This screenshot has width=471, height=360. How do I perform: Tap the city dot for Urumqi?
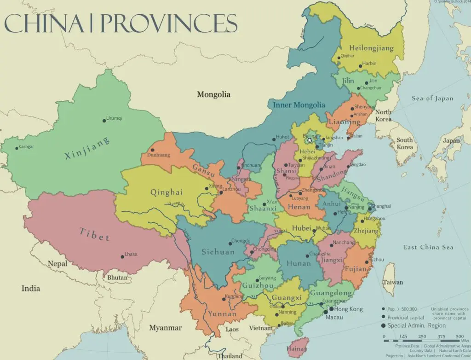point(104,121)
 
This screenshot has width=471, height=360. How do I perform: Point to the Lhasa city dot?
point(122,256)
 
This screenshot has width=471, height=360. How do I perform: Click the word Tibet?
point(94,234)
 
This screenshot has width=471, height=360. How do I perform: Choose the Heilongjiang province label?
point(372,48)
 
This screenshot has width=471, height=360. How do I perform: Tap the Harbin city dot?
point(361,66)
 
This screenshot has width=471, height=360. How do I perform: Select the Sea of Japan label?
point(432,98)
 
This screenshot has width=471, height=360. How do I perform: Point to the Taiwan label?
point(393,282)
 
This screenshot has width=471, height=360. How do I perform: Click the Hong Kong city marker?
point(331,309)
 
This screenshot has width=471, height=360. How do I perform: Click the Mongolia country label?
point(213,94)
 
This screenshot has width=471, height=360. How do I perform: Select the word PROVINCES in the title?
point(169,23)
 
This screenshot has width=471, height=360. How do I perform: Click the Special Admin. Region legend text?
point(416,325)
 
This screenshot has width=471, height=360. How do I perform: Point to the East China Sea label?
point(428,247)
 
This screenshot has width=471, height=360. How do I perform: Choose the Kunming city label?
point(234,296)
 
